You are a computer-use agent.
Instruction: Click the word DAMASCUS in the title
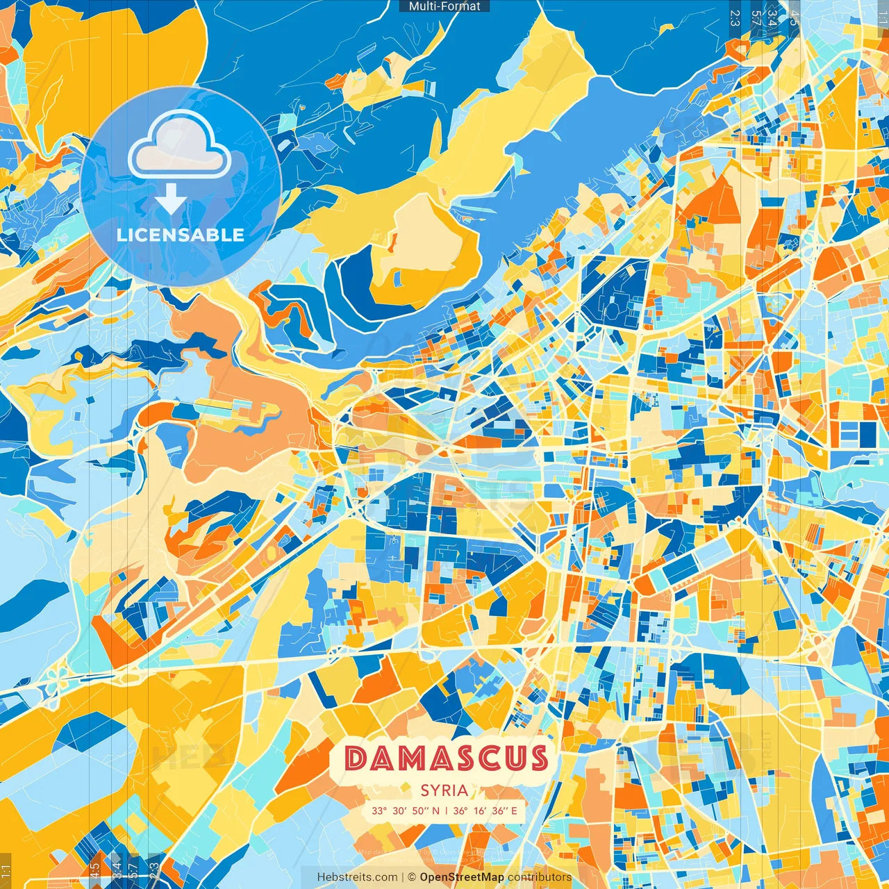pos(446,758)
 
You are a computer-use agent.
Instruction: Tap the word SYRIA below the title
pos(444,790)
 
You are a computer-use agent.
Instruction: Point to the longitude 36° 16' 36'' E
pos(485,811)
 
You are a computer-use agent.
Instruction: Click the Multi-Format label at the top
pos(444,6)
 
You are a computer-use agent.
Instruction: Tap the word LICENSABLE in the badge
pos(181,235)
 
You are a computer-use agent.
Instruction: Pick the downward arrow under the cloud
pos(170,201)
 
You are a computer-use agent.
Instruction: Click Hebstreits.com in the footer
pos(357,877)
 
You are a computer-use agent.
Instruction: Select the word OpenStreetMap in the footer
pos(462,877)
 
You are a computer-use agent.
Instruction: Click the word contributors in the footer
pos(539,877)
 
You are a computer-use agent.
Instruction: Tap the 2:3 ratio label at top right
pos(735,17)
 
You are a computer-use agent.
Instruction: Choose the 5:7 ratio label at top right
pos(755,17)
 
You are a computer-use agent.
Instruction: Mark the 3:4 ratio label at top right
pos(772,17)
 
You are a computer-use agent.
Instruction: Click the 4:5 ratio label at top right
pos(793,17)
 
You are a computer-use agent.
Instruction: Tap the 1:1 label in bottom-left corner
pos(6,871)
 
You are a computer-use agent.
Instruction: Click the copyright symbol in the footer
pos(411,877)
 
